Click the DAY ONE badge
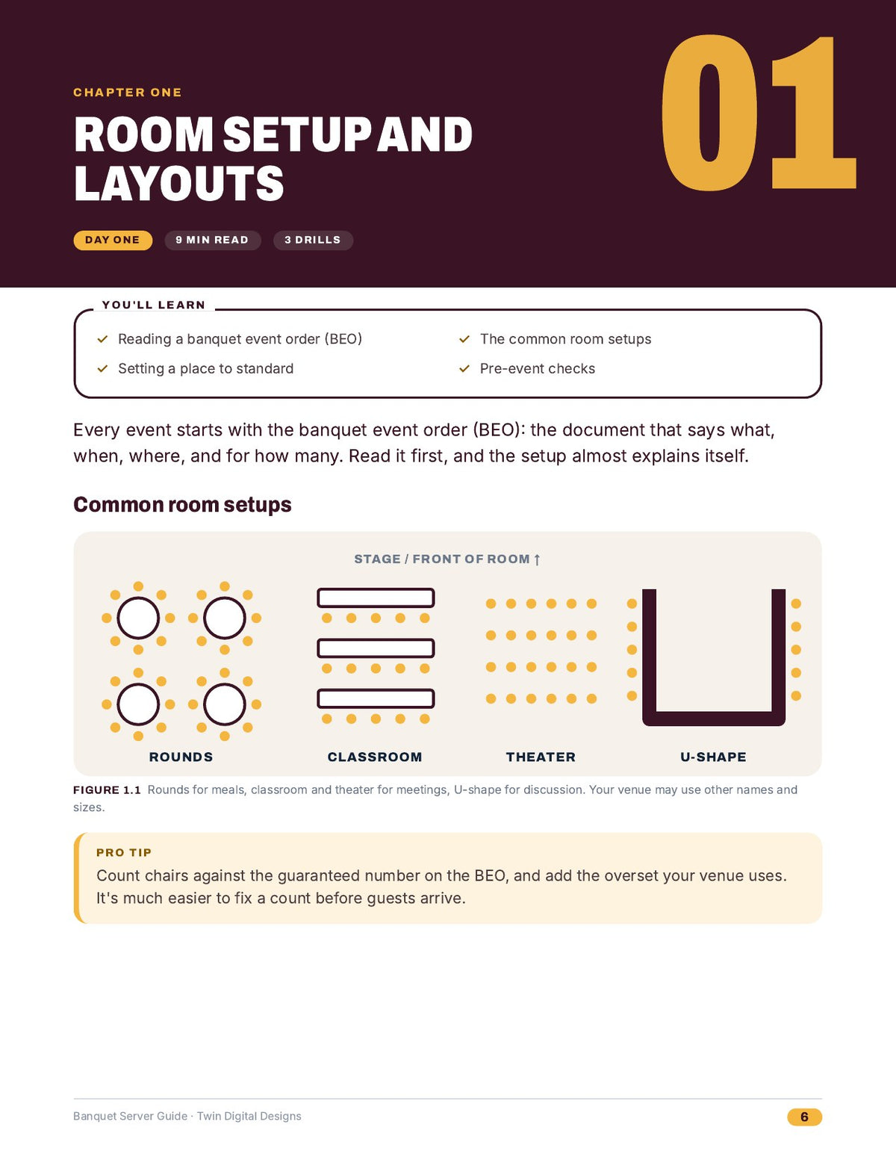click(113, 241)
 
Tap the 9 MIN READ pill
click(212, 241)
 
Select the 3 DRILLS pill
click(313, 241)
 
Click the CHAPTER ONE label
click(128, 93)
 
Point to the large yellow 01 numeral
click(758, 113)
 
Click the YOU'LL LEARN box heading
click(154, 305)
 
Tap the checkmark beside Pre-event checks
click(464, 368)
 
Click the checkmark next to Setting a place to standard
click(102, 368)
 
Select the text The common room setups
click(566, 339)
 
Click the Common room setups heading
click(182, 504)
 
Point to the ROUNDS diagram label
click(181, 757)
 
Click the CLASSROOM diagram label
click(375, 757)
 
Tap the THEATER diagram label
click(541, 757)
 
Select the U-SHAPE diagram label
click(714, 757)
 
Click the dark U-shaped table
click(714, 719)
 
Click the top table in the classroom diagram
click(376, 598)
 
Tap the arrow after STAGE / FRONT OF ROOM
click(537, 559)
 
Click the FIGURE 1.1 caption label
click(107, 790)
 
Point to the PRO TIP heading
click(124, 852)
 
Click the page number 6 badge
click(804, 1117)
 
